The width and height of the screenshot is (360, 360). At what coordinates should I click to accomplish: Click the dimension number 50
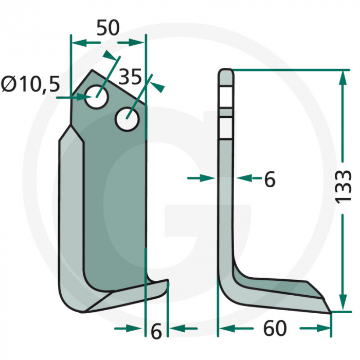point(108,29)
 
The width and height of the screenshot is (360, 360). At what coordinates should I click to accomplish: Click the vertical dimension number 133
point(344,186)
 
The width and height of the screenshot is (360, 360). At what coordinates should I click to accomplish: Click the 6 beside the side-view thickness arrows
point(269,179)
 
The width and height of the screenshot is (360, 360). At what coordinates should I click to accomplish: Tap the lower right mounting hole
point(127,119)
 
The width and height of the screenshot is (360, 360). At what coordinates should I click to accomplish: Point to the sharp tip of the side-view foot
point(330,311)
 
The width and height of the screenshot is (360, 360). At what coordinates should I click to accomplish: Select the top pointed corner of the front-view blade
point(93,71)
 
